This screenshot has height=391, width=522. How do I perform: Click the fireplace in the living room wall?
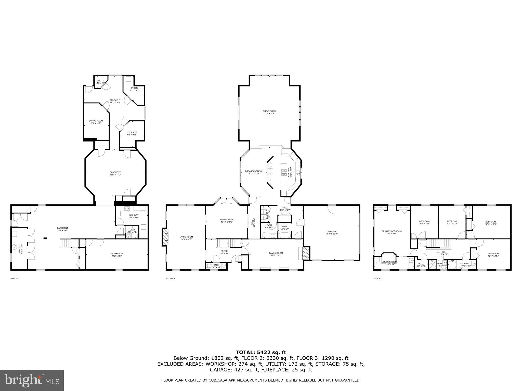pos(165,237)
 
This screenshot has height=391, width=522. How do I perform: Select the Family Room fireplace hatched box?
pos(305,253)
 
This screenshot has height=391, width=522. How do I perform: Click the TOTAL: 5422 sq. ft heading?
pos(261,353)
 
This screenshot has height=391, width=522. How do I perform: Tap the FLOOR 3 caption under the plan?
pos(378,278)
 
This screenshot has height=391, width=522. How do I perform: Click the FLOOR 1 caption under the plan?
pos(15,278)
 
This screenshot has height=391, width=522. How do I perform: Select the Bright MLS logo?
pos(32,381)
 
